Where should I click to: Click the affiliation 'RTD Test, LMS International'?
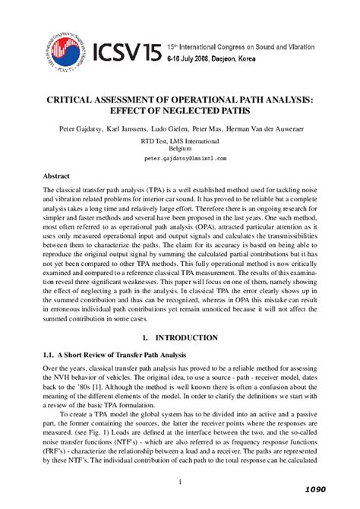[x=180, y=141]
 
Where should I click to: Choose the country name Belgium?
[x=180, y=149]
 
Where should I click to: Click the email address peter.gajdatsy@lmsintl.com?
[x=180, y=160]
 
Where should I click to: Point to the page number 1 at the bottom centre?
[x=180, y=481]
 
